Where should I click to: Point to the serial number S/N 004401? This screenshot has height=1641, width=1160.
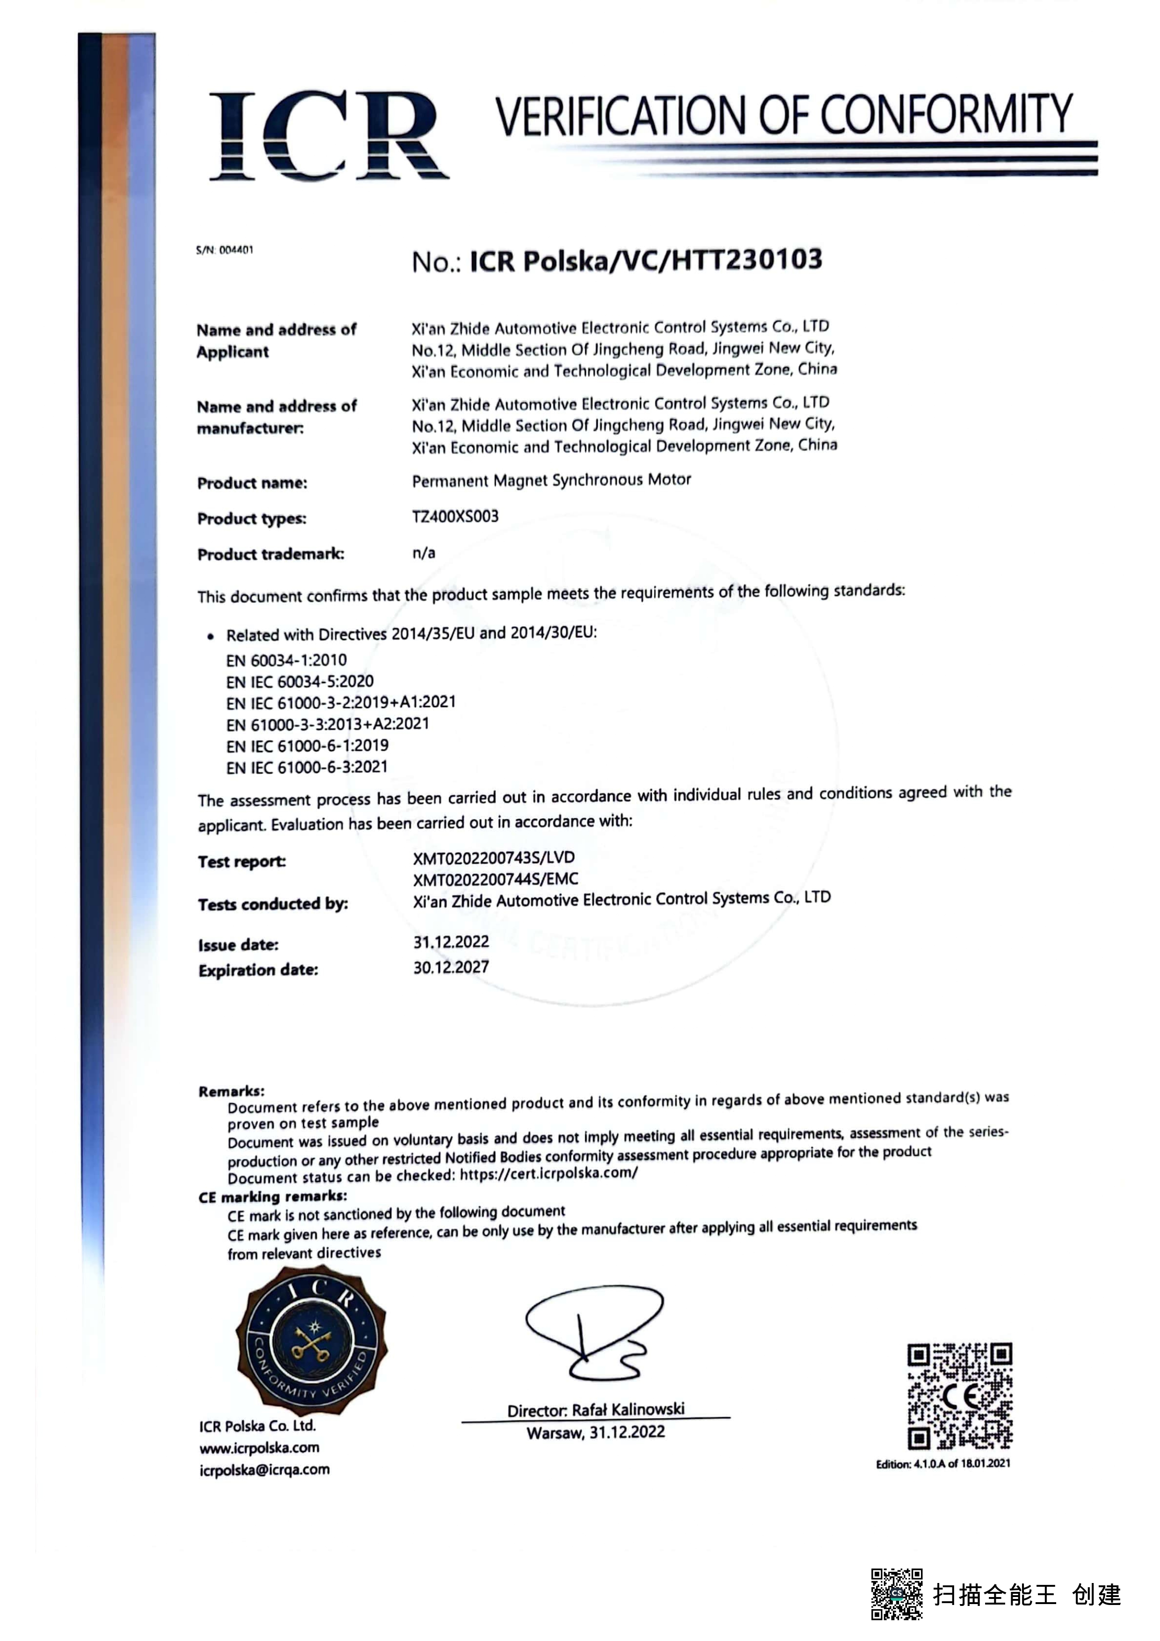(x=225, y=250)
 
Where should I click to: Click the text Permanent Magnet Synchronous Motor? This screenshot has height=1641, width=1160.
(x=551, y=480)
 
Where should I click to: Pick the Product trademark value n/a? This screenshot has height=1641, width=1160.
(x=424, y=552)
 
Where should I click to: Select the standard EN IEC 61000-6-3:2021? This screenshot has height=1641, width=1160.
(x=307, y=767)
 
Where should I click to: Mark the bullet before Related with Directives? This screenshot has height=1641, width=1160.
(x=210, y=636)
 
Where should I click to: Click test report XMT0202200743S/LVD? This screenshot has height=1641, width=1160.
(x=494, y=858)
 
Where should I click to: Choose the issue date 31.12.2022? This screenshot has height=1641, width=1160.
(x=451, y=942)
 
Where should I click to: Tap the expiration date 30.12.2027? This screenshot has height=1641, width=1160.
(x=451, y=967)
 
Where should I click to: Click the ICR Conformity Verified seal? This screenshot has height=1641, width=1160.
(x=312, y=1341)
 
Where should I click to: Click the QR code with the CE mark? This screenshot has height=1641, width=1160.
(x=959, y=1396)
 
